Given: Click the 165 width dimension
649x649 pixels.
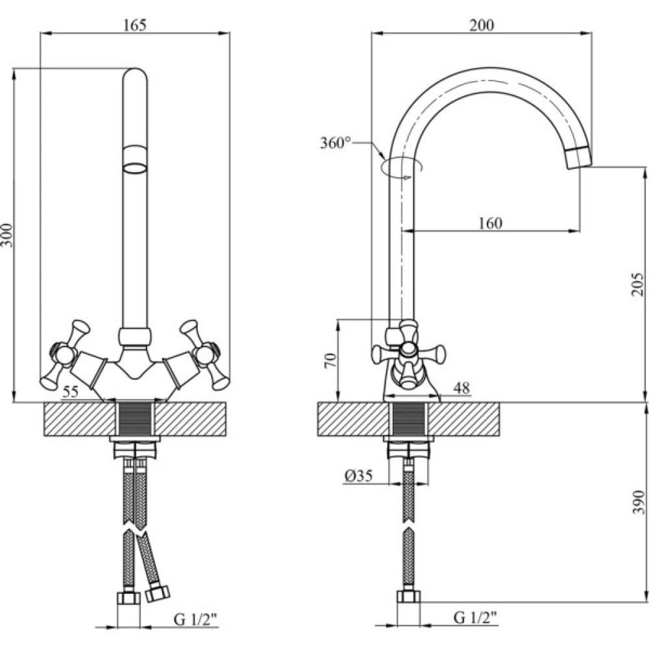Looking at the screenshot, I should pyautogui.click(x=135, y=25).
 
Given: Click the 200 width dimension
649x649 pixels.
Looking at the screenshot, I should pyautogui.click(x=481, y=25).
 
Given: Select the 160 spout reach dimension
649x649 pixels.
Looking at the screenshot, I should pyautogui.click(x=490, y=223).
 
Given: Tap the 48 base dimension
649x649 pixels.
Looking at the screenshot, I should pyautogui.click(x=461, y=388).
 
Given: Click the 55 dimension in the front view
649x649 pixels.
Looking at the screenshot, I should pyautogui.click(x=71, y=392).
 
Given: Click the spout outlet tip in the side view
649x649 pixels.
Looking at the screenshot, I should pyautogui.click(x=580, y=158).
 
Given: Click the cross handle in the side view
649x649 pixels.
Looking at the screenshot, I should pyautogui.click(x=408, y=353).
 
